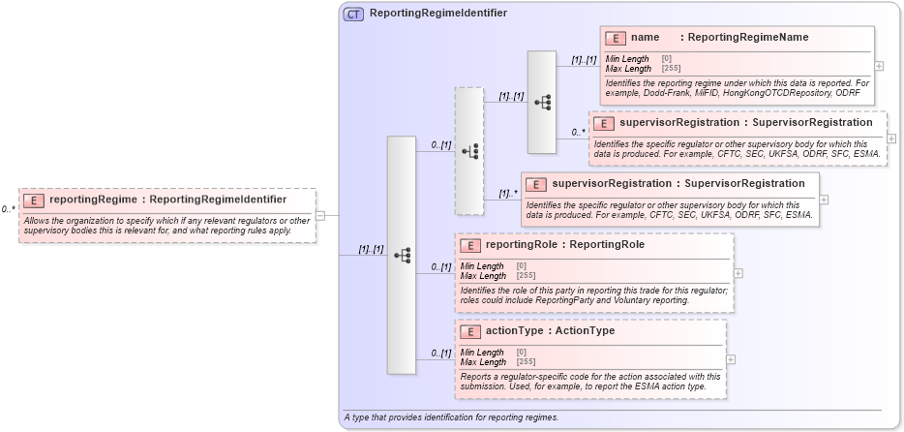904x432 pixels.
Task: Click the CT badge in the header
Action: click(354, 14)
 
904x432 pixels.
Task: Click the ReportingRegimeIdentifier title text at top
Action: click(437, 14)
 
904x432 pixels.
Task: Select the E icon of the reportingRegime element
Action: click(34, 200)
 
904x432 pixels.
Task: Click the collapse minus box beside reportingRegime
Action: click(320, 215)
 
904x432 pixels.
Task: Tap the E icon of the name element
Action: click(615, 38)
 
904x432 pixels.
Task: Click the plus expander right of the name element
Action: click(879, 66)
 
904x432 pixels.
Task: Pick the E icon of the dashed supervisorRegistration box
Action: click(603, 123)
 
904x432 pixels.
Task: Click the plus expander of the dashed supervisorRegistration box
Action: click(891, 139)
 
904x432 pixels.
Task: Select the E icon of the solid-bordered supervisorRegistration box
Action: click(535, 183)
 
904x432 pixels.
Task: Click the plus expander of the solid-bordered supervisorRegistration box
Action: click(824, 199)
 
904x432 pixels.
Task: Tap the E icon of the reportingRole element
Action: click(469, 245)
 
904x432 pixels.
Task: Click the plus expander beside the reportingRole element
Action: click(738, 273)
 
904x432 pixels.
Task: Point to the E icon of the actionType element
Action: click(469, 331)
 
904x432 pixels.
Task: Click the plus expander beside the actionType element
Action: click(731, 359)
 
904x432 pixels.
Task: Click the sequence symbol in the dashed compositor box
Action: click(469, 151)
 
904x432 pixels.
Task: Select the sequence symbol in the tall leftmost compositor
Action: click(402, 255)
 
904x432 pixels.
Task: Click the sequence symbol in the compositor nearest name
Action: click(542, 102)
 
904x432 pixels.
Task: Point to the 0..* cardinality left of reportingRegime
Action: click(8, 208)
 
